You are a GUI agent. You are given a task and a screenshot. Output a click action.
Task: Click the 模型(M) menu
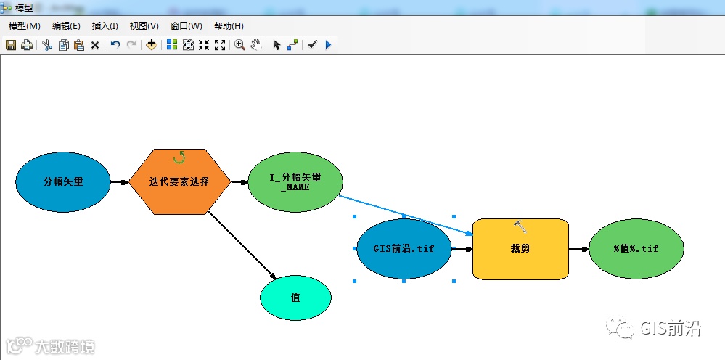24,25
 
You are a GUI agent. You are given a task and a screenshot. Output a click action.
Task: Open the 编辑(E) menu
66,25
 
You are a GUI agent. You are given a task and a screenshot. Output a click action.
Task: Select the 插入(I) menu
105,25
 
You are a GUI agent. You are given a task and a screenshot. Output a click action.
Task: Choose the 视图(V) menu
144,25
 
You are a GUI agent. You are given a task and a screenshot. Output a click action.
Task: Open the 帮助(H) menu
229,25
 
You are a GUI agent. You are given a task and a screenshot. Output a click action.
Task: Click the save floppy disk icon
11,45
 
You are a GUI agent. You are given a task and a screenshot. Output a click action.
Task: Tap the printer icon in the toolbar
27,45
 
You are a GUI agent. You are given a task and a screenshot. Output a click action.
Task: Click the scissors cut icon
47,45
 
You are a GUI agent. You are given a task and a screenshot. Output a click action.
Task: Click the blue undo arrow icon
115,45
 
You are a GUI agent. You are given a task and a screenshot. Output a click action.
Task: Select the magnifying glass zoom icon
239,45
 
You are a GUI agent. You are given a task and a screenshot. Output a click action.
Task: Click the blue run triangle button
328,45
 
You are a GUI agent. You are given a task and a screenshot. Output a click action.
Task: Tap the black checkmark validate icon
312,45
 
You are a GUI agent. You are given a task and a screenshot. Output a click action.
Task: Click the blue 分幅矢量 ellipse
63,181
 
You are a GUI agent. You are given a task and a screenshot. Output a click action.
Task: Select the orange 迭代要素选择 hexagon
179,181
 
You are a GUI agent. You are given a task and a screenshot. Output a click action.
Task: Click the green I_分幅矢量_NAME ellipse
295,181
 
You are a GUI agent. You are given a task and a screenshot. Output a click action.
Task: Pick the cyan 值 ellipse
295,298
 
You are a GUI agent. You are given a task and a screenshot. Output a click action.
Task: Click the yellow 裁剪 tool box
520,248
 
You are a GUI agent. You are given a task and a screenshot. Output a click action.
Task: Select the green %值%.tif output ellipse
636,248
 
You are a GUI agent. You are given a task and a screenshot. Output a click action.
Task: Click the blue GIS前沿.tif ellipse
404,248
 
